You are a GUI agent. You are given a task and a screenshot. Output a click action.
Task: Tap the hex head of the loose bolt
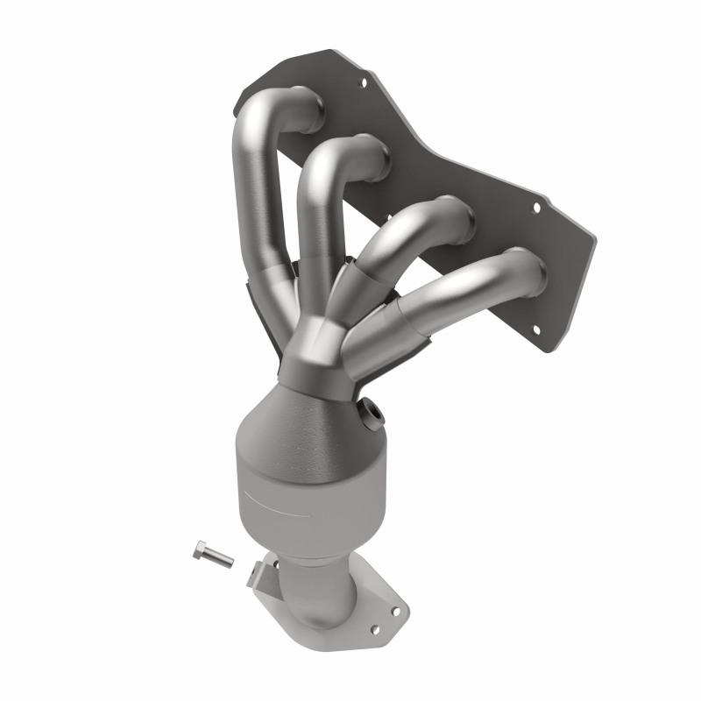point(198,550)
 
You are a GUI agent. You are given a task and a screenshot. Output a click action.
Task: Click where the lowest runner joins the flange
point(526,272)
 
